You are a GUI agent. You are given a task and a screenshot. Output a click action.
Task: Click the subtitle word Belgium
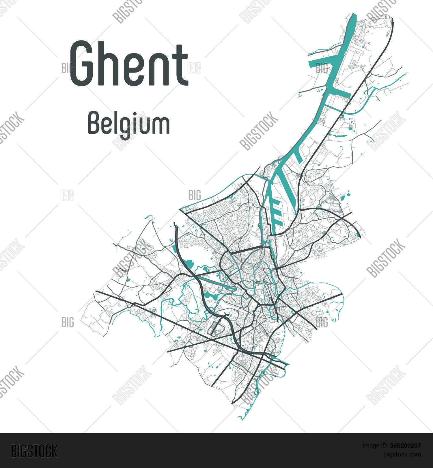[129, 124]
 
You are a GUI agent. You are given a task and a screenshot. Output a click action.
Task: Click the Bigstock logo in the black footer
[34, 451]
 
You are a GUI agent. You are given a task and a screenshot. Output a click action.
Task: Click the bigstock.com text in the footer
[402, 455]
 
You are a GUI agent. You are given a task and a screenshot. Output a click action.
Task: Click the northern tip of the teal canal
[353, 14]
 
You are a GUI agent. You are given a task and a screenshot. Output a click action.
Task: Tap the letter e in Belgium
[107, 125]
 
